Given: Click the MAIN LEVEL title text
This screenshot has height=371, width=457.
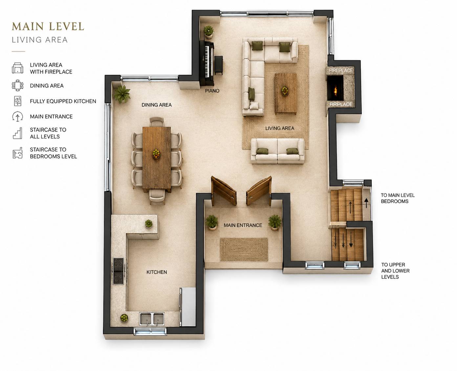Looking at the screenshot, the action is pyautogui.click(x=48, y=26).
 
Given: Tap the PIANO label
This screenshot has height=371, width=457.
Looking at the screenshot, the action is pyautogui.click(x=212, y=91).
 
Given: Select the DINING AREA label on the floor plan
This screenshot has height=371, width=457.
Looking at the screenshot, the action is pyautogui.click(x=157, y=105).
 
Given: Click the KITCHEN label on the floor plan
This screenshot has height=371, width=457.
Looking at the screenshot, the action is pyautogui.click(x=157, y=272).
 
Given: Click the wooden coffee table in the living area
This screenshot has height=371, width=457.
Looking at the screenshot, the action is pyautogui.click(x=286, y=93).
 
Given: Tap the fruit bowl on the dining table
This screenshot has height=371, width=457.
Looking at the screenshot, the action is pyautogui.click(x=156, y=154).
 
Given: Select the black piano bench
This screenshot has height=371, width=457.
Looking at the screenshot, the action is pyautogui.click(x=219, y=65).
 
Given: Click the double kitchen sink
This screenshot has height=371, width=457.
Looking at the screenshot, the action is pyautogui.click(x=152, y=319).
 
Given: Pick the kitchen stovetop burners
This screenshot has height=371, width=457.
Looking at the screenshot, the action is pyautogui.click(x=119, y=271).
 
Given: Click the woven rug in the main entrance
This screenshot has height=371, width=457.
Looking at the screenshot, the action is pyautogui.click(x=244, y=249).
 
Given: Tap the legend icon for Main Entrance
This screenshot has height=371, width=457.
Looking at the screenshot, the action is pyautogui.click(x=18, y=117).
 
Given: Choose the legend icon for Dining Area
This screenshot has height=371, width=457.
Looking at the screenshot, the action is pyautogui.click(x=18, y=85).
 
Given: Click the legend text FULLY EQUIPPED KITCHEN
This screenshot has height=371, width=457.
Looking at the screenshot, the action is pyautogui.click(x=63, y=101).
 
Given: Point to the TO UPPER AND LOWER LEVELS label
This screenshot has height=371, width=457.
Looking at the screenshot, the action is pyautogui.click(x=395, y=271).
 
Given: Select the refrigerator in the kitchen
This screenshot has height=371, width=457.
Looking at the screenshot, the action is pyautogui.click(x=187, y=307).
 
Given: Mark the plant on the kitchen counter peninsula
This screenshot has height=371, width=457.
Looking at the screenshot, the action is pyautogui.click(x=148, y=224).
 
